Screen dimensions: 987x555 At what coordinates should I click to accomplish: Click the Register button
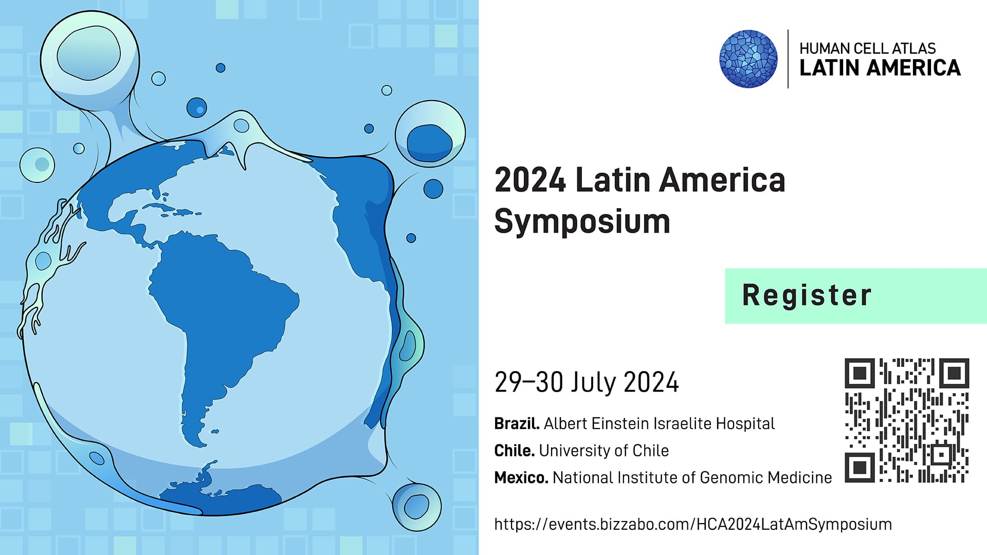[x=855, y=296]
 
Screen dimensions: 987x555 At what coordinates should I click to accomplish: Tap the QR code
[x=907, y=420]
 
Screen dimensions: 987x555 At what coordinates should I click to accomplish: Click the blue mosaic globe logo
[x=748, y=59]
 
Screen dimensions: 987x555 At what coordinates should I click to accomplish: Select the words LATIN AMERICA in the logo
[x=880, y=68]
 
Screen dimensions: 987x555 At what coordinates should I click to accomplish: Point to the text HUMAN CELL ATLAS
[x=868, y=48]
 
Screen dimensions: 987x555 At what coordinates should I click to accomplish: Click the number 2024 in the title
[x=530, y=180]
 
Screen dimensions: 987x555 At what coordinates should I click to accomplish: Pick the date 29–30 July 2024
[x=587, y=382]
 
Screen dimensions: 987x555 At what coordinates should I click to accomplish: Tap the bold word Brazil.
[x=517, y=423]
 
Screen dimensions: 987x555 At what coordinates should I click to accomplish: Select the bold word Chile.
[x=515, y=451]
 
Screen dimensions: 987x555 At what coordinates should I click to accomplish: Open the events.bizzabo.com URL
[x=693, y=524]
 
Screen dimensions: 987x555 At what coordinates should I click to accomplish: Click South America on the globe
[x=221, y=319]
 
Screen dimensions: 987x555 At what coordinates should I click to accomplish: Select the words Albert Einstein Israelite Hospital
[x=659, y=423]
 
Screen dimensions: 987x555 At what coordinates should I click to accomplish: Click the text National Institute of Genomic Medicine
[x=692, y=478]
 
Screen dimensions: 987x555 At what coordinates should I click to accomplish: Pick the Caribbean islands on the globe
[x=172, y=210]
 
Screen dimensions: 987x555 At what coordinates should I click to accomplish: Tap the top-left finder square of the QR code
[x=860, y=373]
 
